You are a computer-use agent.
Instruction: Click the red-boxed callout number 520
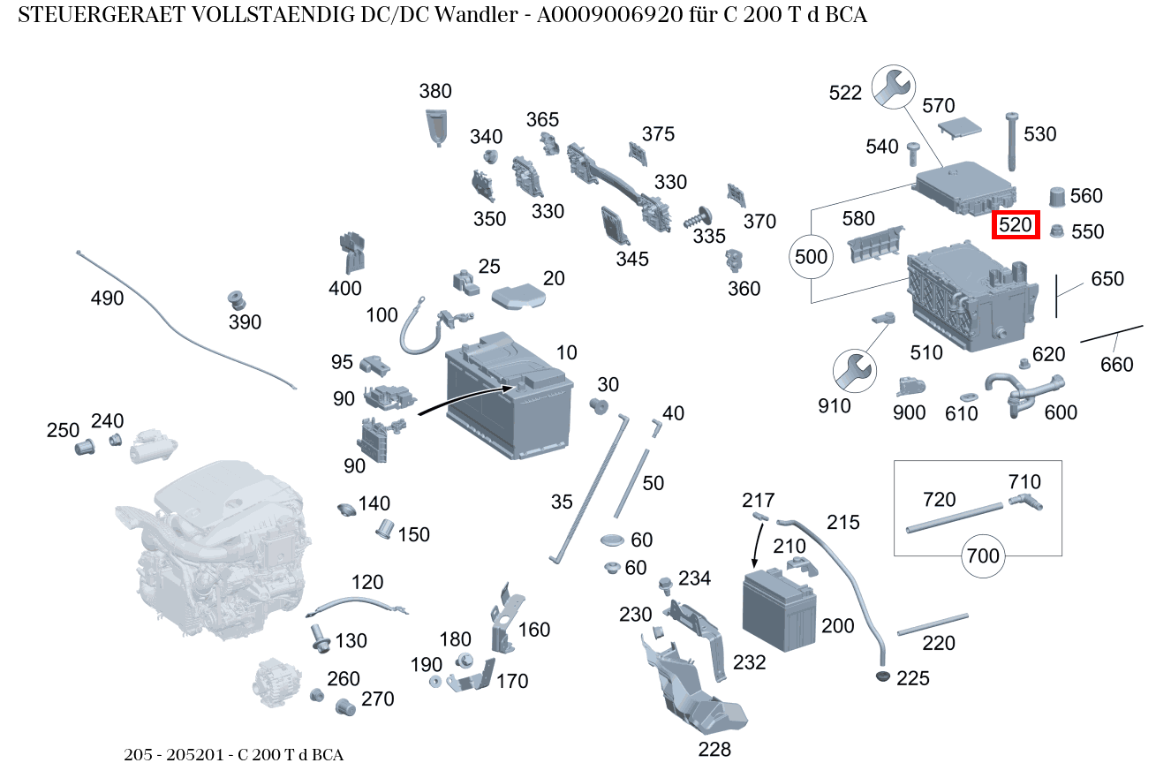point(1016,225)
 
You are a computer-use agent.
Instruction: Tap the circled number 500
point(811,257)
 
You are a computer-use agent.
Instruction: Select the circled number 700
point(983,555)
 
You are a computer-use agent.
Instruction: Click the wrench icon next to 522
point(893,87)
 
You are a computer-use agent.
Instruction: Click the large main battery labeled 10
point(508,397)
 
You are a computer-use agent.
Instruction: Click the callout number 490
point(107,298)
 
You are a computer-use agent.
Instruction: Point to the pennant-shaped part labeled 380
point(436,127)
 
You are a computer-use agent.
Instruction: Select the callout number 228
point(714,749)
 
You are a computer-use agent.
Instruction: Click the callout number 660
point(1116,364)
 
